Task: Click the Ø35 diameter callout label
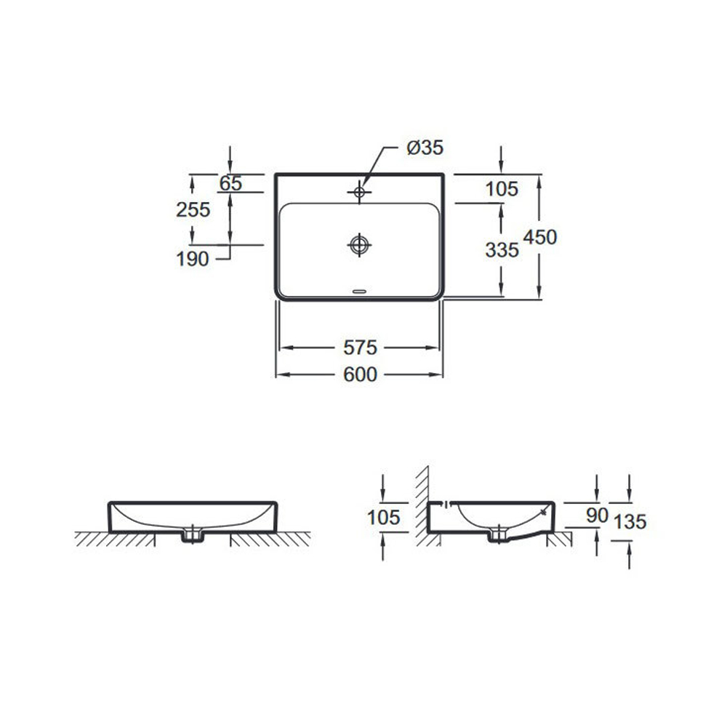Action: click(425, 148)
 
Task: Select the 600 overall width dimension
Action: click(361, 374)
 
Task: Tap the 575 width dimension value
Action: click(361, 348)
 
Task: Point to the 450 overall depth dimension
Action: click(540, 237)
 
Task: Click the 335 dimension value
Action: click(502, 250)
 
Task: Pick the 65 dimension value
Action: click(230, 184)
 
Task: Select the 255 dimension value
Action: click(193, 209)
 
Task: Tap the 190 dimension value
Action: click(193, 259)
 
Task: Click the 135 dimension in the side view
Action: click(630, 521)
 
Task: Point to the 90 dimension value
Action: click(597, 515)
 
